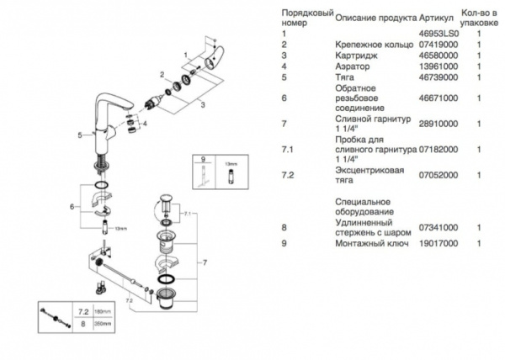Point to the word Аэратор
click(x=352, y=65)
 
